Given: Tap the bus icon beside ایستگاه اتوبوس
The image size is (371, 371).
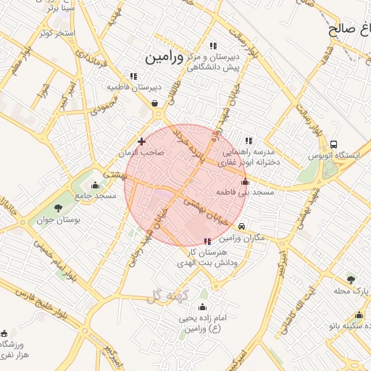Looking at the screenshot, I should tap(333, 144).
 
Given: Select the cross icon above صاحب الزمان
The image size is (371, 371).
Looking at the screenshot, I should tap(141, 141).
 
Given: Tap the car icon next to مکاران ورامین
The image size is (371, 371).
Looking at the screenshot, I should tap(250, 226).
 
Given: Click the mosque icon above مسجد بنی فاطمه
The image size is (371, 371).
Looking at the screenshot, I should tap(245, 181).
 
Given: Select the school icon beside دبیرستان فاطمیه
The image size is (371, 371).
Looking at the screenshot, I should tap(133, 75).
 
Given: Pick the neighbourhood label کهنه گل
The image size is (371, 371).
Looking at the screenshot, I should tap(167, 296).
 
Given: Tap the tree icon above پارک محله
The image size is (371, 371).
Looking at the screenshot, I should tap(351, 278).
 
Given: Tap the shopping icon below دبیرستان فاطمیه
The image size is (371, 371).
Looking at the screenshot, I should tap(155, 104).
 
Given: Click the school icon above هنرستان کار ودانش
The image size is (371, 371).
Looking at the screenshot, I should tap(208, 241).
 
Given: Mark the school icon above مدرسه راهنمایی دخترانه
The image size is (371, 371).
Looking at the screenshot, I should tap(249, 141).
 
